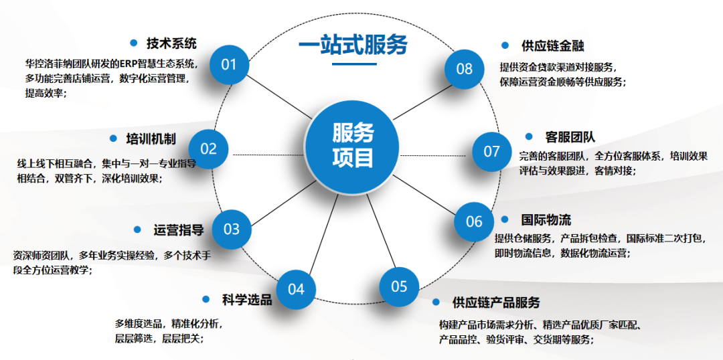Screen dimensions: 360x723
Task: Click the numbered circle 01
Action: point(229,64)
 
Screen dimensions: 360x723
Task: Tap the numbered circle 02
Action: point(209,149)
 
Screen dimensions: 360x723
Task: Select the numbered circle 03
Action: point(231,229)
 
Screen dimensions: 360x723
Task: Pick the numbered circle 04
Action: point(296,289)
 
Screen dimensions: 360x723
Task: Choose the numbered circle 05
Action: point(399,286)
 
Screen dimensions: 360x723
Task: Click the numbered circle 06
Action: point(474,221)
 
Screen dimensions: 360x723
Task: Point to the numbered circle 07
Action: point(492,151)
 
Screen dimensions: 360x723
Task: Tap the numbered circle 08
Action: point(465,68)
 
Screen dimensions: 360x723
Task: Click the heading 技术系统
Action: point(171,43)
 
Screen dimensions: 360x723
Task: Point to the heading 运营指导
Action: point(178,230)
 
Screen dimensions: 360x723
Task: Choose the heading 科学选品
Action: point(247,300)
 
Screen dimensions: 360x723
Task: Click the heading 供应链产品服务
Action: point(496,303)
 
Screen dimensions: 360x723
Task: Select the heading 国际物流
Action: point(546,219)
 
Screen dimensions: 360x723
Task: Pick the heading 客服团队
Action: point(570,137)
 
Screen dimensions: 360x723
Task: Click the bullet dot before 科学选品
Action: point(207,299)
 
